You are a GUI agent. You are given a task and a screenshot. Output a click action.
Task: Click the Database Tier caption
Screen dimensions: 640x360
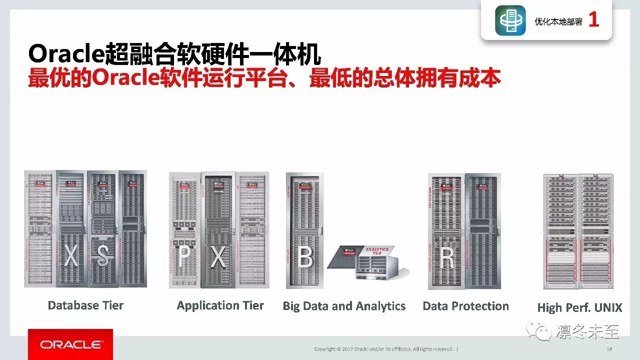click(x=85, y=305)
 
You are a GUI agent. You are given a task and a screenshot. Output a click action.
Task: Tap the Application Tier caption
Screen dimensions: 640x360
click(x=220, y=305)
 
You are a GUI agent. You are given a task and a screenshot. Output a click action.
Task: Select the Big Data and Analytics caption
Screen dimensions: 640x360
click(x=344, y=306)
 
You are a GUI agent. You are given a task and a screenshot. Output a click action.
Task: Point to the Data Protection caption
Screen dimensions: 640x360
click(x=465, y=306)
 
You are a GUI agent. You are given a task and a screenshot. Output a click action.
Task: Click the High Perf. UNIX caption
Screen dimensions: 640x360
click(x=579, y=307)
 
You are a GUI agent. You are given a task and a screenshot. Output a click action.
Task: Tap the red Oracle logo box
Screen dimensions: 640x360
click(x=70, y=344)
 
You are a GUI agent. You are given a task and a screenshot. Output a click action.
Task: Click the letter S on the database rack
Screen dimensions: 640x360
click(x=103, y=256)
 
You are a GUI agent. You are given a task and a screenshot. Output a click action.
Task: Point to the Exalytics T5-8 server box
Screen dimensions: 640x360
click(x=369, y=262)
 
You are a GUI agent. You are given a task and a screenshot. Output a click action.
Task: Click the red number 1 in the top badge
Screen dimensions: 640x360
click(x=593, y=20)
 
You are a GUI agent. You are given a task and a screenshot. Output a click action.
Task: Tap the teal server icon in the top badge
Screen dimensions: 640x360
click(x=510, y=20)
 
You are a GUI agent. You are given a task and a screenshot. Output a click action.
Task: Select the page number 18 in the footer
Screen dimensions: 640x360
click(x=609, y=348)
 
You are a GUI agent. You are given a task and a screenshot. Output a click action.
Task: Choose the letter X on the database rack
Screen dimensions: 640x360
click(x=71, y=256)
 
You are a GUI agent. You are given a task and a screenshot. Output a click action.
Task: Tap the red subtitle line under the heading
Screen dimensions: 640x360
click(x=264, y=78)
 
